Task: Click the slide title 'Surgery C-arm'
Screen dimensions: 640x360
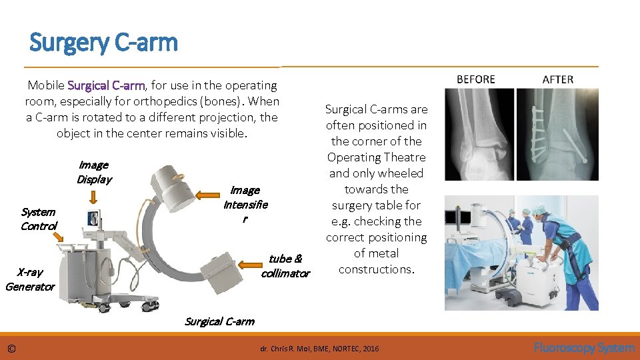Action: tap(104, 43)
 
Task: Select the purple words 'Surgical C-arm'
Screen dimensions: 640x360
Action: tap(106, 85)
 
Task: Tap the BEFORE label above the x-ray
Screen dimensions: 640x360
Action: tap(476, 79)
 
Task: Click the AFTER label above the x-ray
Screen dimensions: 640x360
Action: tap(557, 79)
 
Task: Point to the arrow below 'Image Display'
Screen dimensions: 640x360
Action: tap(93, 197)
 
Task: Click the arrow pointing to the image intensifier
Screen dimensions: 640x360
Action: tap(207, 195)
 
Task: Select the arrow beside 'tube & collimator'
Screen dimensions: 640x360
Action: tap(250, 265)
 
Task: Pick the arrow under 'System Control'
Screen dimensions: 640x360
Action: tap(59, 236)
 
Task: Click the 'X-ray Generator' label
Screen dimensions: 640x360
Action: tap(30, 279)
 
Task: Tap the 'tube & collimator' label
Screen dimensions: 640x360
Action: tap(285, 266)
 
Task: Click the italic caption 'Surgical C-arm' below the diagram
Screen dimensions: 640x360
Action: tap(219, 321)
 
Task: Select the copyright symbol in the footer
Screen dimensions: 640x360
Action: tap(11, 349)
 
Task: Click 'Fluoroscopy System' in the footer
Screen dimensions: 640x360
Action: tap(584, 348)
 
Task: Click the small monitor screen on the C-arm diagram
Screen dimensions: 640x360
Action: tap(93, 219)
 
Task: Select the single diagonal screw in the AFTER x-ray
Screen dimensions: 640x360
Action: tap(575, 146)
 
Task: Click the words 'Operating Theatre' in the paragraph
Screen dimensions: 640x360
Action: tap(376, 157)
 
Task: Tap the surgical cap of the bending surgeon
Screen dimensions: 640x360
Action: tap(539, 209)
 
